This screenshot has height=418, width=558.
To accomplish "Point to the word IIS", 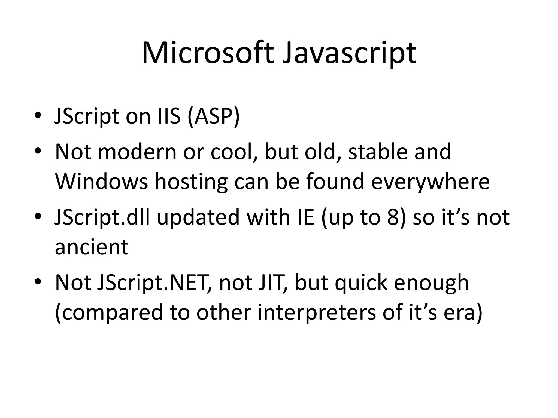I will pos(169,116).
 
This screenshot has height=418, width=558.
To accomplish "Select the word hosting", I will pos(191,182).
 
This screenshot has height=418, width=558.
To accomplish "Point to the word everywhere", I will pos(430,182).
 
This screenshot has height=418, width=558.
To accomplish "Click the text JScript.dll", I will pos(102,217).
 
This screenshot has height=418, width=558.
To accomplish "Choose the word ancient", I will pos(92,247).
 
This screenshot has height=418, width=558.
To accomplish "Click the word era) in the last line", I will pos(463,313).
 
